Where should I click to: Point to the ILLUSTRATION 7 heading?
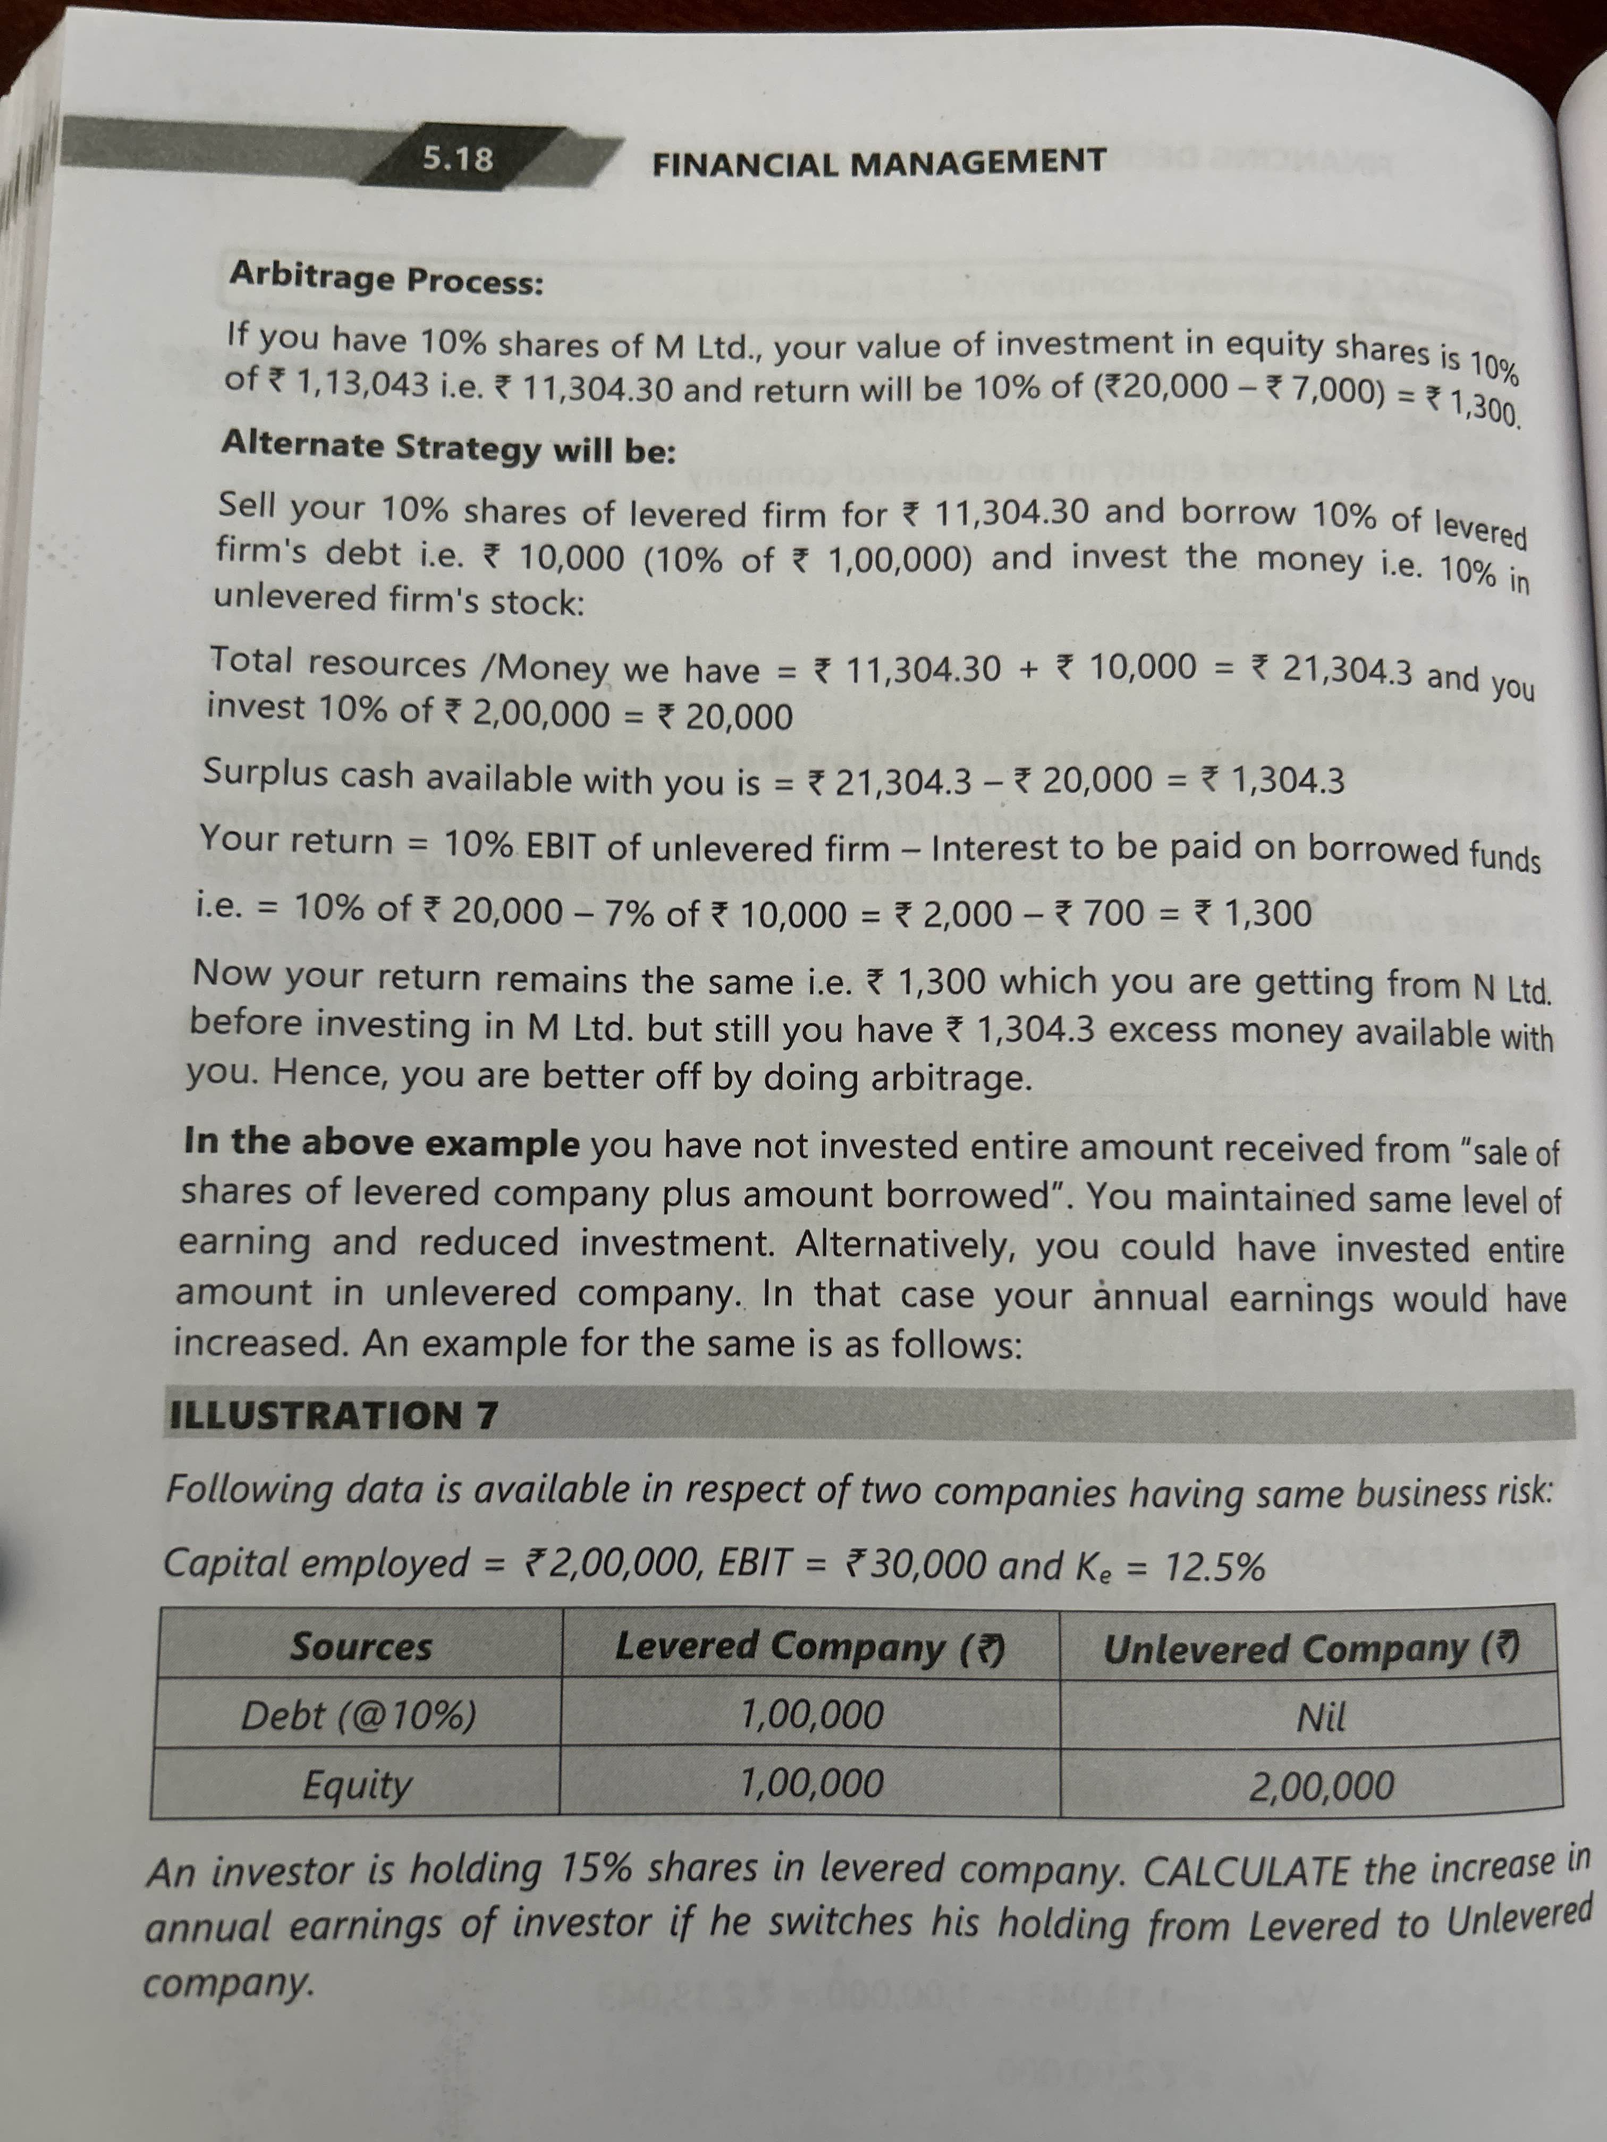click(x=334, y=1415)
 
